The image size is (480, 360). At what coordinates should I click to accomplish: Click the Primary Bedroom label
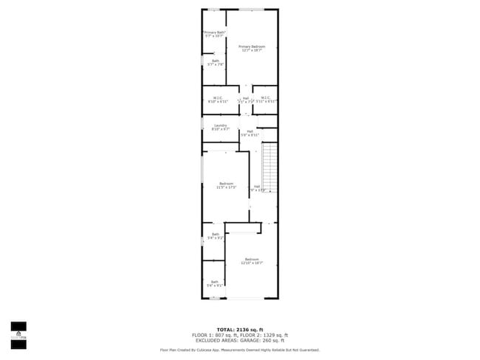(x=252, y=49)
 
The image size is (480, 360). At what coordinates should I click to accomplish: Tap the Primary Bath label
(x=214, y=35)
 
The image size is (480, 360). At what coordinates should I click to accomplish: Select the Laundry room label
(x=219, y=128)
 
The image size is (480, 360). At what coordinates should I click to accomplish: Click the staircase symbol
(x=270, y=166)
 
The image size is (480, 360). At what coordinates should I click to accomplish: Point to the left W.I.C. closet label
(x=218, y=100)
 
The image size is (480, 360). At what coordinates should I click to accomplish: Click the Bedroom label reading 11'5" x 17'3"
(x=226, y=185)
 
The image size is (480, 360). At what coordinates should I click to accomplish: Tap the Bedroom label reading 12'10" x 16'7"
(x=252, y=261)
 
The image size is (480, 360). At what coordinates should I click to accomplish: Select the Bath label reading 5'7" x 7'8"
(x=215, y=63)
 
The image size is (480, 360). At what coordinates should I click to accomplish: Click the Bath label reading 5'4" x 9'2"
(x=215, y=236)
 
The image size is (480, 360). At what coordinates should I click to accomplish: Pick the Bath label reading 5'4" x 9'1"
(x=215, y=283)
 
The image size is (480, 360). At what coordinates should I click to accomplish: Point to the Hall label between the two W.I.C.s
(x=245, y=100)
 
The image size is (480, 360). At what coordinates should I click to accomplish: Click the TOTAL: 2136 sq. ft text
(x=239, y=329)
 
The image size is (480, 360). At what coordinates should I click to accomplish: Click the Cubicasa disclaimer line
(x=239, y=350)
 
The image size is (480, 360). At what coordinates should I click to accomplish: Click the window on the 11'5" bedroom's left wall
(x=203, y=184)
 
